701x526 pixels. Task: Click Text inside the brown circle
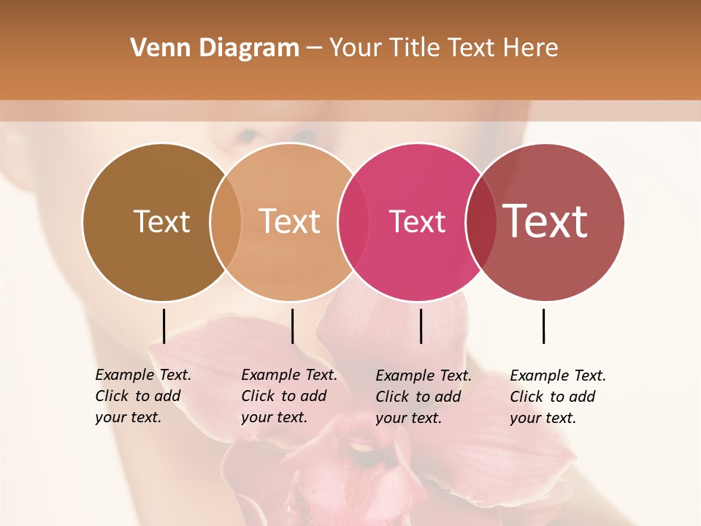[161, 221]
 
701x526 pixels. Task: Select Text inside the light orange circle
[289, 221]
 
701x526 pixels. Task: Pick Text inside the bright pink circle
[417, 222]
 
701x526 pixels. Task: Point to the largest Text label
[545, 221]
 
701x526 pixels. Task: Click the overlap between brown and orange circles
[226, 221]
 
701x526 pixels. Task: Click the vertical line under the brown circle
[164, 326]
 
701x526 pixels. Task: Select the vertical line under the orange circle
[292, 326]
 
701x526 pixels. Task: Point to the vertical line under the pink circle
[421, 326]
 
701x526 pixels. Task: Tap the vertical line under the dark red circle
[543, 326]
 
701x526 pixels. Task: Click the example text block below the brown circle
[142, 396]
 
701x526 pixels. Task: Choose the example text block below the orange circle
[288, 396]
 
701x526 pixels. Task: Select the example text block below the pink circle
[423, 397]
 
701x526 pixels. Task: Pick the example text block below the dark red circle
[557, 397]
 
